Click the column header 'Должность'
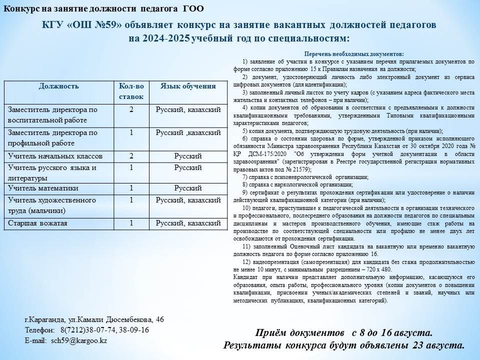59,86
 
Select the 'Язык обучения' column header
188,86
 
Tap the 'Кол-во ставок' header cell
131,91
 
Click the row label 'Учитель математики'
43,188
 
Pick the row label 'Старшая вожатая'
38,223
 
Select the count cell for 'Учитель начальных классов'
131,156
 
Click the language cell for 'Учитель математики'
188,188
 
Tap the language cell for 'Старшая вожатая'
188,223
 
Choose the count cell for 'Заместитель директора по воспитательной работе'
131,109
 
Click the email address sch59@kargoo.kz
79,340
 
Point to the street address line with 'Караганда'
94,319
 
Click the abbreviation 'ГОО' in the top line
193,8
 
